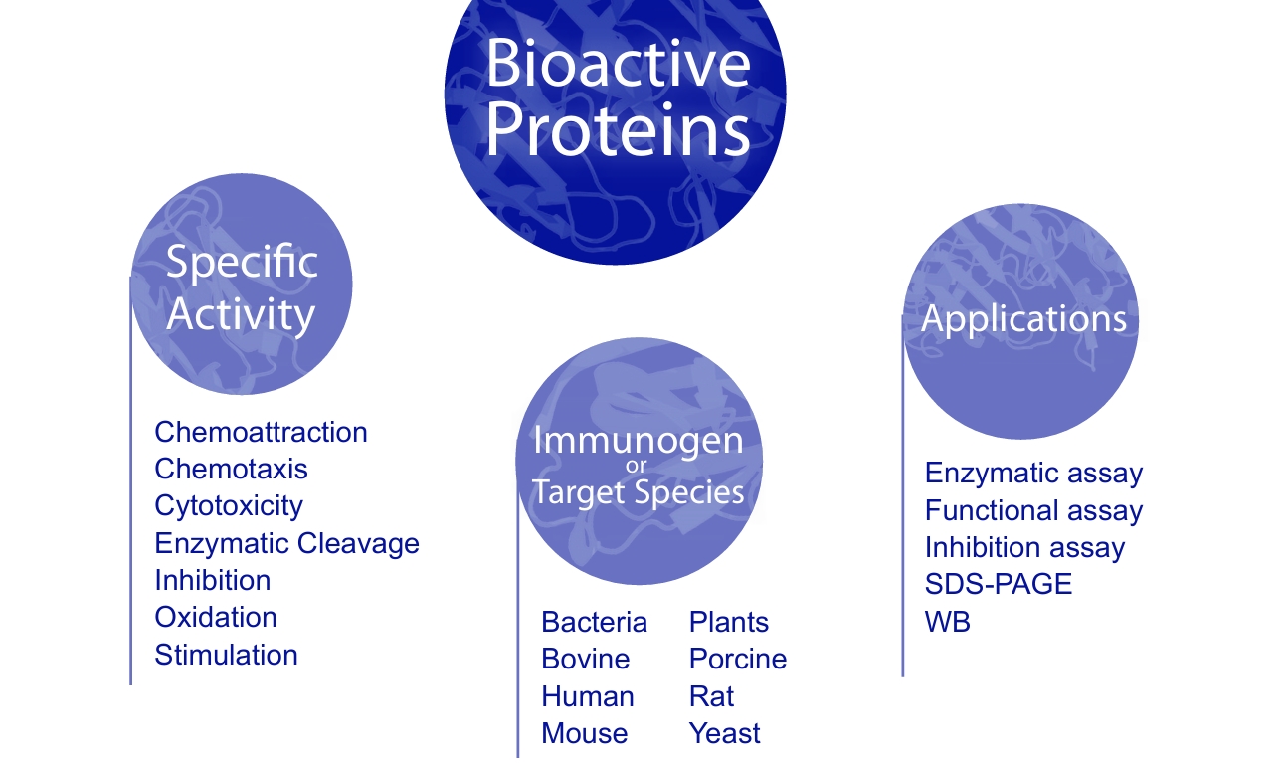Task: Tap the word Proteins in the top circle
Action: click(x=618, y=129)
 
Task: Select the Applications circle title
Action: click(x=1023, y=319)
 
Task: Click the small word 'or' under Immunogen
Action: click(x=637, y=466)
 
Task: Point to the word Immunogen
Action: click(x=639, y=442)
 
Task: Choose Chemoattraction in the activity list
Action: click(x=261, y=432)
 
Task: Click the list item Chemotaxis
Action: click(x=231, y=469)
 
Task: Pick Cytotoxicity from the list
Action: click(x=229, y=507)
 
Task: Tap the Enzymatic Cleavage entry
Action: click(x=286, y=544)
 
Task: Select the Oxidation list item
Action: click(x=216, y=617)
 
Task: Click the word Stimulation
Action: click(x=226, y=655)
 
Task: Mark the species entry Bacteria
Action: click(x=594, y=622)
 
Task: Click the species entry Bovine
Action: click(x=586, y=659)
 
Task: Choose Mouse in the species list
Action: click(x=584, y=733)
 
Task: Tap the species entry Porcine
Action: click(x=738, y=659)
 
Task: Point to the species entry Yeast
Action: click(x=724, y=733)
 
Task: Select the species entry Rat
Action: click(x=711, y=696)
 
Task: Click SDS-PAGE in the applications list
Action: click(x=999, y=584)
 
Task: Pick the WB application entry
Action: click(x=948, y=622)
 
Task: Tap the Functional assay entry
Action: click(x=1033, y=511)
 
